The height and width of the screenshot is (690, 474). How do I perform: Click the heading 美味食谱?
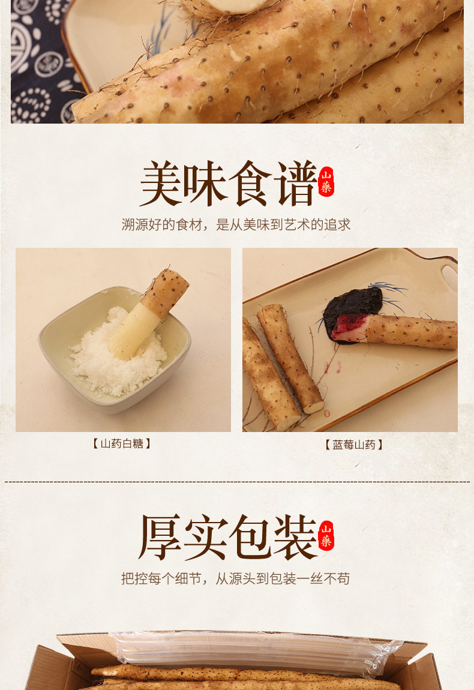click(228, 184)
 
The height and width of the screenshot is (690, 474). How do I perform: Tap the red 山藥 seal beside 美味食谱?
click(326, 181)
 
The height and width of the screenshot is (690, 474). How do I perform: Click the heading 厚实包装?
click(228, 536)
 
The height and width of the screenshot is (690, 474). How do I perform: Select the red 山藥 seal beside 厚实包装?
click(326, 535)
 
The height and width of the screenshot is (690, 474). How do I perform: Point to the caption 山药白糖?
click(121, 443)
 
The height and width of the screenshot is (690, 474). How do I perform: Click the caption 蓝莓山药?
click(354, 445)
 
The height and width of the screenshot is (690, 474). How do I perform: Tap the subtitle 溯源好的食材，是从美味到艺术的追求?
click(236, 224)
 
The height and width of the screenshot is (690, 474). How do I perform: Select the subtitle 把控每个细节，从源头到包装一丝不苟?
click(235, 578)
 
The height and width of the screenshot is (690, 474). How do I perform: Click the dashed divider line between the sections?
click(237, 482)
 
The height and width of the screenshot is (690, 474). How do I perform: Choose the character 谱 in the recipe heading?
click(296, 184)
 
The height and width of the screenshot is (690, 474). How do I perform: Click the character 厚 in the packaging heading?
click(160, 536)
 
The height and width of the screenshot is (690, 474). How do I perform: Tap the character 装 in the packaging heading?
click(296, 536)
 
